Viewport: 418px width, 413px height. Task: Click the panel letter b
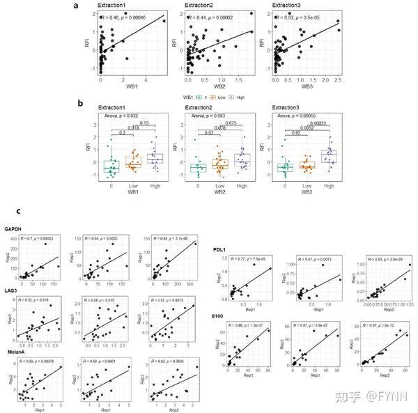(82, 103)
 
